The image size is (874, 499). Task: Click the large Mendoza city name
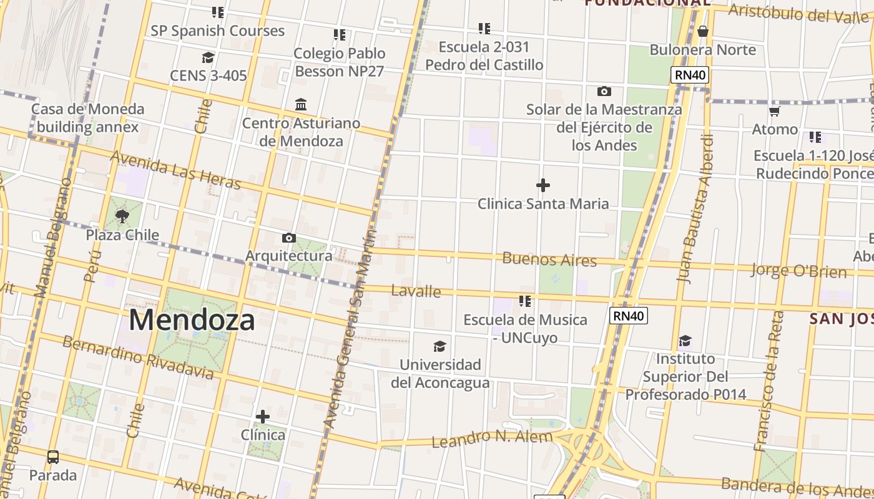tap(192, 320)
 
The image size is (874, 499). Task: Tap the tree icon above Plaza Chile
tap(122, 216)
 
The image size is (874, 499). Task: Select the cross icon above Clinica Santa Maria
tap(543, 185)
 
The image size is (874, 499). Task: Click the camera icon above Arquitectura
tap(289, 238)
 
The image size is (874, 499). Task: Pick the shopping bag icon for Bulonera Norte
tap(703, 31)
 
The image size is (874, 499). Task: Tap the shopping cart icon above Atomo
tap(775, 111)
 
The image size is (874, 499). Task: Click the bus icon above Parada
tap(53, 457)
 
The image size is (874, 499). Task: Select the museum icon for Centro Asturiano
tap(301, 104)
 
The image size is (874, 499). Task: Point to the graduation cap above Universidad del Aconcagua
tap(440, 346)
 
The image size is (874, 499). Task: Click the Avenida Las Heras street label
tap(175, 169)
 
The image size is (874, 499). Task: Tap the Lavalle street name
tap(416, 291)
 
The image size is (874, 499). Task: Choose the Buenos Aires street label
tap(549, 259)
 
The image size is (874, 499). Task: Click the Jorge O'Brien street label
tap(798, 271)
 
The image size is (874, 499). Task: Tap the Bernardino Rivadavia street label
tap(138, 357)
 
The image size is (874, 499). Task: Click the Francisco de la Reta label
tap(768, 380)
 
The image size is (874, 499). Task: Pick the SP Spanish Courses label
tap(217, 31)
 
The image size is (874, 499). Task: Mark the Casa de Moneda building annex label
tap(87, 118)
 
